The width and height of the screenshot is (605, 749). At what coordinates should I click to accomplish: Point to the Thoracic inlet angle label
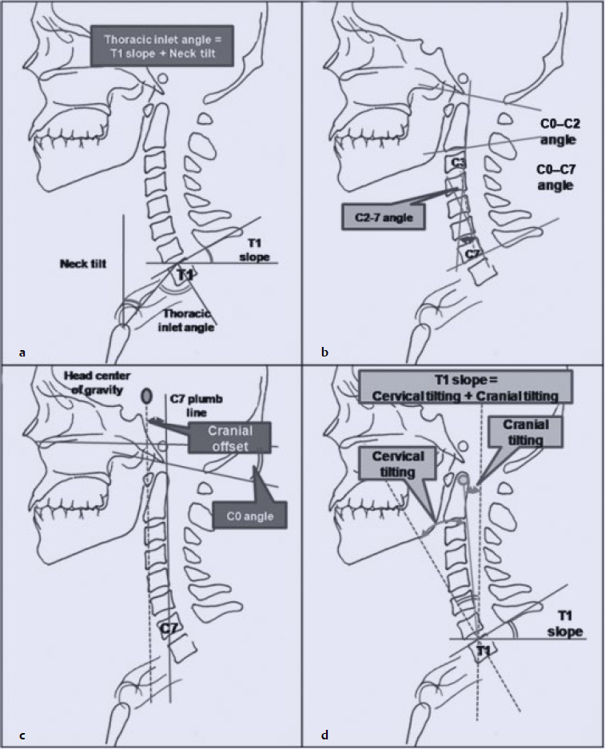pos(189,321)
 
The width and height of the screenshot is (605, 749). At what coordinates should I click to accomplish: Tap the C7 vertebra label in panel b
pos(474,253)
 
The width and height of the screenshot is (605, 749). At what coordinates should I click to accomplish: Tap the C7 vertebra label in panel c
pos(169,629)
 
